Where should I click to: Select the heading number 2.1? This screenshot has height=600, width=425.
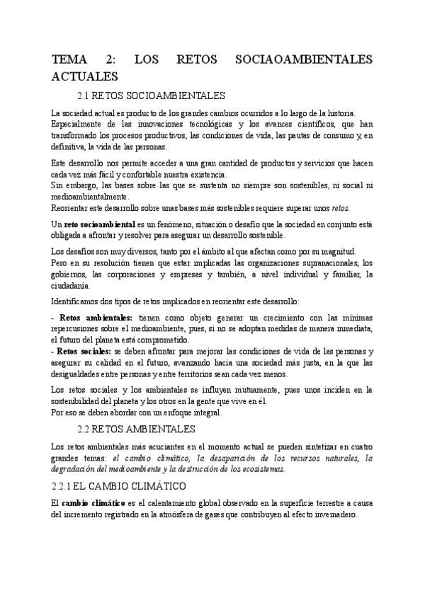click(86, 95)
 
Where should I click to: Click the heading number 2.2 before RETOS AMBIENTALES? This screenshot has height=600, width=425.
click(86, 428)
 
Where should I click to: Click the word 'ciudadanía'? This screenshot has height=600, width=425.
click(71, 285)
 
